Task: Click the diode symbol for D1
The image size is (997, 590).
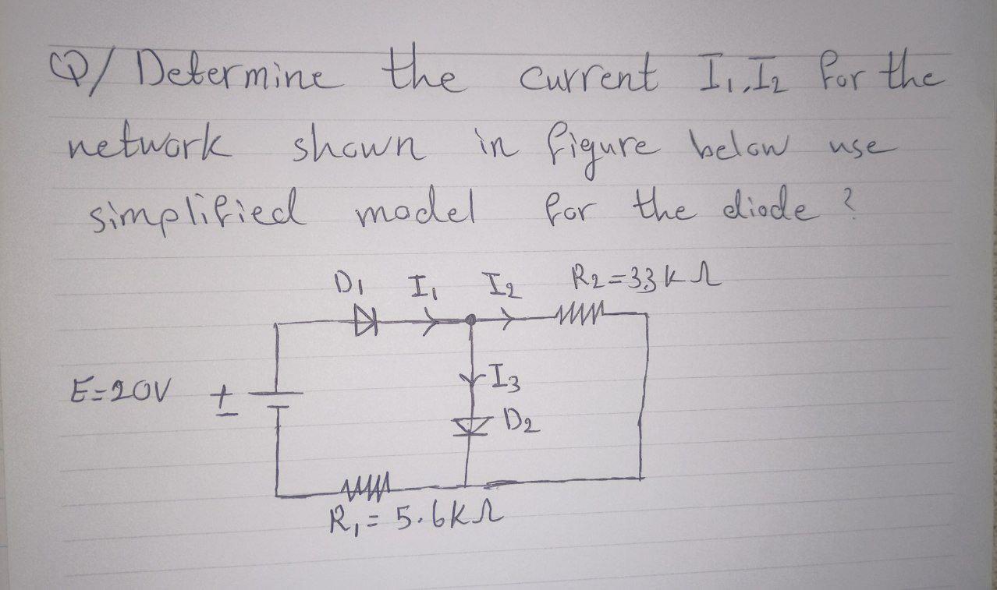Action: pos(364,321)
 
